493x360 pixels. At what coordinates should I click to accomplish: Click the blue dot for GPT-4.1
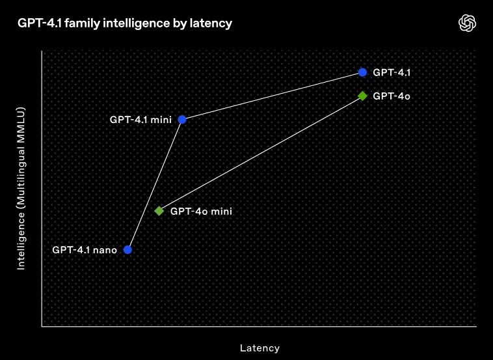(362, 72)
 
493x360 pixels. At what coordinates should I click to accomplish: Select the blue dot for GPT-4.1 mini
(182, 120)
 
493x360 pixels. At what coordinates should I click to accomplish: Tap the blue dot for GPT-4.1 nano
(127, 250)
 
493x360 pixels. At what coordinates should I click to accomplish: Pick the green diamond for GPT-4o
(362, 96)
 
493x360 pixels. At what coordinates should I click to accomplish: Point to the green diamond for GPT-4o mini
(159, 211)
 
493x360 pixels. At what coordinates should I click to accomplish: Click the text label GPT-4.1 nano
(85, 250)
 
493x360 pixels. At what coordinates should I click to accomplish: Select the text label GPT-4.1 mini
(140, 120)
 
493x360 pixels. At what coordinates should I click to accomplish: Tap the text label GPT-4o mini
(201, 211)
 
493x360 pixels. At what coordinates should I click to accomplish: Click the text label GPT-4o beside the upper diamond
(392, 96)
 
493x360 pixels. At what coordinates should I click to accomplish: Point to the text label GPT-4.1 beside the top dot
(392, 73)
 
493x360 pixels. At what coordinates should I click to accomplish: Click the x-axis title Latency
(260, 348)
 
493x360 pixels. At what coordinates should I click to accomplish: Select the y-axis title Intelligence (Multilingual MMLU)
(21, 189)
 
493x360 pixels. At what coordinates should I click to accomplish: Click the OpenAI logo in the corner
(467, 23)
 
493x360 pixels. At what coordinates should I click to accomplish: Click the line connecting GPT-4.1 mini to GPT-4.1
(273, 96)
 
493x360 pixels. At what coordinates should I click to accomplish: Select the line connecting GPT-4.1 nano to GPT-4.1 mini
(155, 185)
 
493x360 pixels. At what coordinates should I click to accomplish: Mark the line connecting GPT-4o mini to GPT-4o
(261, 153)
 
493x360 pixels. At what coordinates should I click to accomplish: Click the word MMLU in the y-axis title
(21, 122)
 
